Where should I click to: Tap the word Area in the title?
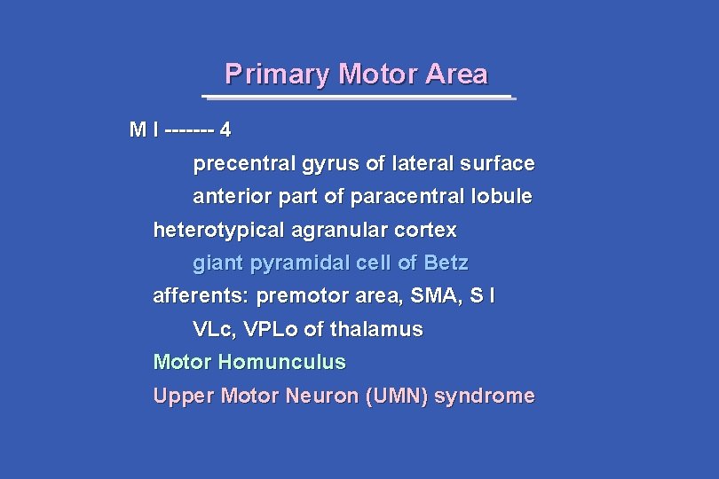pyautogui.click(x=456, y=74)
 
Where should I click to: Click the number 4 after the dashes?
pyautogui.click(x=225, y=130)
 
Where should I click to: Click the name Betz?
pyautogui.click(x=446, y=263)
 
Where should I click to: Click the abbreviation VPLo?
pyautogui.click(x=270, y=330)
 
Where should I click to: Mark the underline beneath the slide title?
pyautogui.click(x=358, y=97)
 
